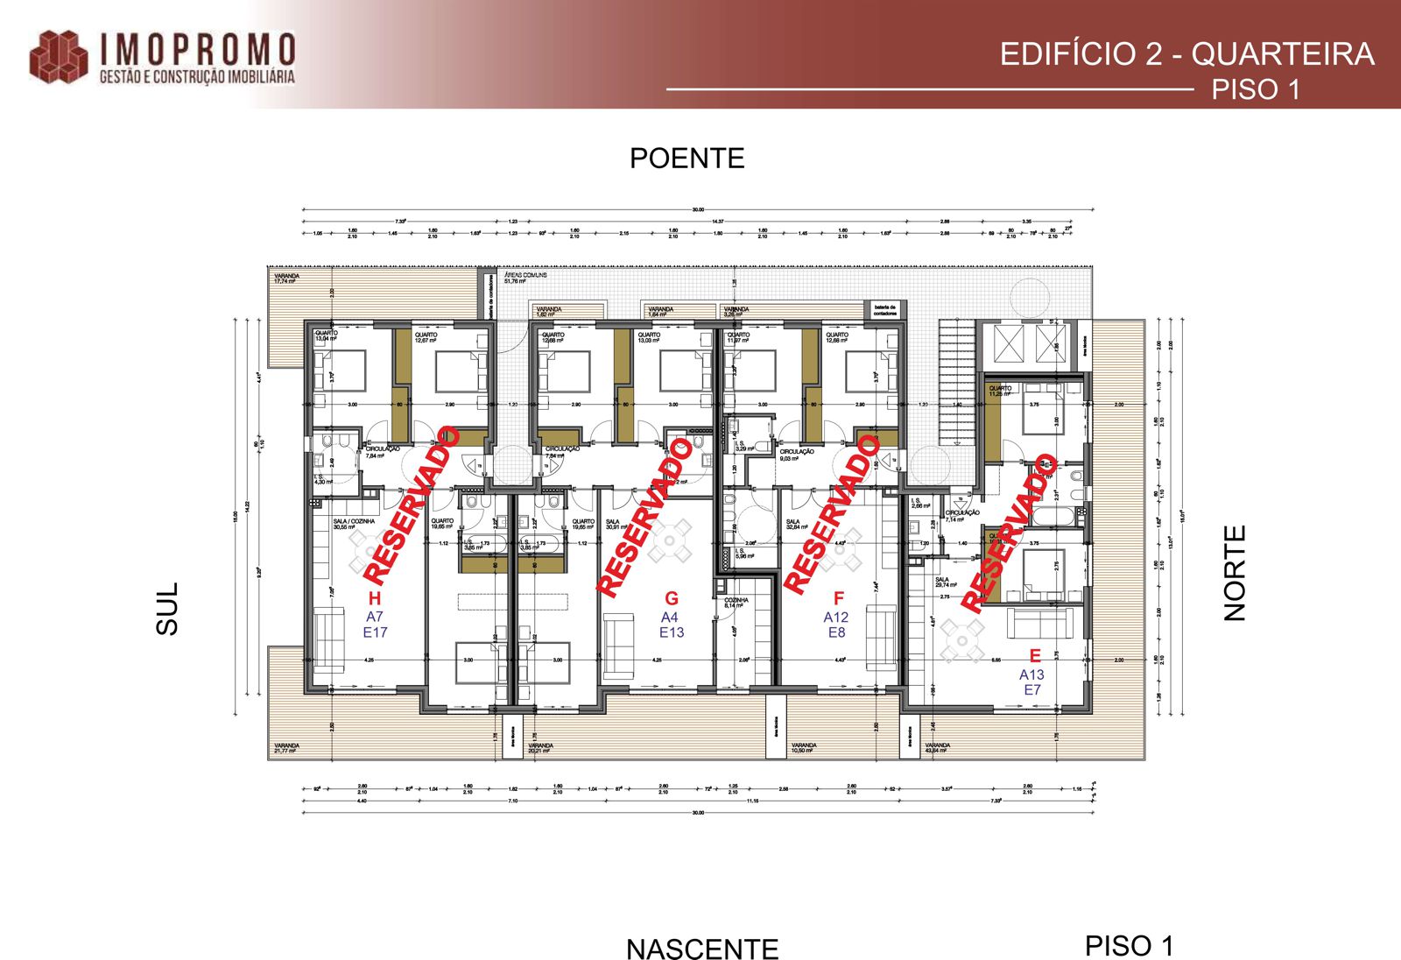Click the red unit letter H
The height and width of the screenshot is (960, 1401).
point(375,598)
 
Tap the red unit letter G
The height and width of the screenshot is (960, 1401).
point(672,598)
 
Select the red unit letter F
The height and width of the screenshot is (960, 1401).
point(839,598)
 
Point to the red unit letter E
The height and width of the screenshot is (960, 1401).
point(1035,655)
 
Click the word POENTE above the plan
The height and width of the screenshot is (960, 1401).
point(686,159)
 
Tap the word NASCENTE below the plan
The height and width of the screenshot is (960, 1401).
point(701,949)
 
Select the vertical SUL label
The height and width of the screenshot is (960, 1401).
point(167,608)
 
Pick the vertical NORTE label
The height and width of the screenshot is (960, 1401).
point(1234,573)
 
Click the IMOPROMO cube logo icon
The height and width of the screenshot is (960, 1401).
point(59,58)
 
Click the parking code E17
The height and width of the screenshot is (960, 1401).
point(375,632)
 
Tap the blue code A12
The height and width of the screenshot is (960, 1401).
point(836,617)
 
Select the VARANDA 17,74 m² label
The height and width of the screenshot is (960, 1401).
point(286,279)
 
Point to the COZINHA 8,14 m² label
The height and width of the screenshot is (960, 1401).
point(736,603)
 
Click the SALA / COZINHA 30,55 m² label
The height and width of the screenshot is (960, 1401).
point(353,524)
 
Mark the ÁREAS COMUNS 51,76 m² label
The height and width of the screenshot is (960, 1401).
point(524,278)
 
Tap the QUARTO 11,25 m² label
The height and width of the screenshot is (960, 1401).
point(1000,391)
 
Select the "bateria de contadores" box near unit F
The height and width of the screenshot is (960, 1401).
point(884,310)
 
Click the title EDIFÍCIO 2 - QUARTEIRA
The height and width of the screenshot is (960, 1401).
point(1186,54)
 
